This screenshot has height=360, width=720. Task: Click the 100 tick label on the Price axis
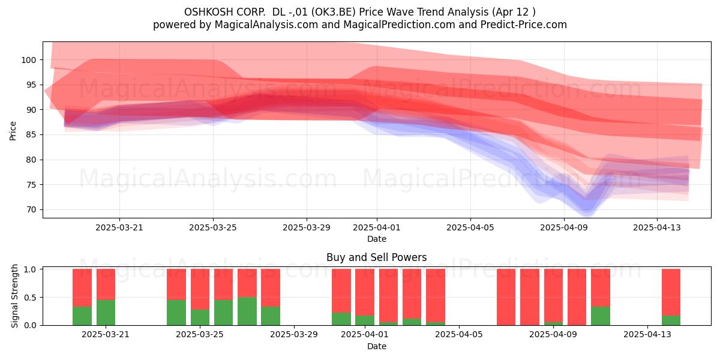point(28,60)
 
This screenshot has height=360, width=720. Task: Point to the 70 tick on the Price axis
point(31,210)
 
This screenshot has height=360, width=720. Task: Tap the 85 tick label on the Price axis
point(31,135)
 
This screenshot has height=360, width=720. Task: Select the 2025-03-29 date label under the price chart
point(307,227)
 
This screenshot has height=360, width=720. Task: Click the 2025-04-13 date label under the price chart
point(657,227)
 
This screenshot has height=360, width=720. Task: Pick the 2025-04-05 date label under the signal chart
point(459,335)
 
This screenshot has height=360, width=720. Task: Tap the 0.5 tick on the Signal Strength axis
point(30,298)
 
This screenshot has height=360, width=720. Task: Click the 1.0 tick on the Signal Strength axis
point(30,269)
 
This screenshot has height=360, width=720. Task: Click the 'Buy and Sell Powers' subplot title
point(377,257)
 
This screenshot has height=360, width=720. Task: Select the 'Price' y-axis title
point(13,131)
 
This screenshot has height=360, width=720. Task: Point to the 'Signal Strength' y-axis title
point(14,296)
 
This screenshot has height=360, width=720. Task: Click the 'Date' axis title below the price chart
point(377,239)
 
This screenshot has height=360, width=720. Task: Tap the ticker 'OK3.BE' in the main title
point(335,12)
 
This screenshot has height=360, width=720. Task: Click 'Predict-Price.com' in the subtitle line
point(524,25)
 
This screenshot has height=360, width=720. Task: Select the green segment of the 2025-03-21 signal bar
point(106,313)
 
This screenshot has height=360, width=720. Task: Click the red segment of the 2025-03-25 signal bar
point(200,289)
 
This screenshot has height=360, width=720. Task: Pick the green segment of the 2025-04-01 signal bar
point(365,320)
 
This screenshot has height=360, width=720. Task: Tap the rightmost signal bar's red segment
point(671,293)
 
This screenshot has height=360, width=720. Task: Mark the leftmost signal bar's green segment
point(82,316)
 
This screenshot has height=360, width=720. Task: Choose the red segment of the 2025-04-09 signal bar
point(553,296)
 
